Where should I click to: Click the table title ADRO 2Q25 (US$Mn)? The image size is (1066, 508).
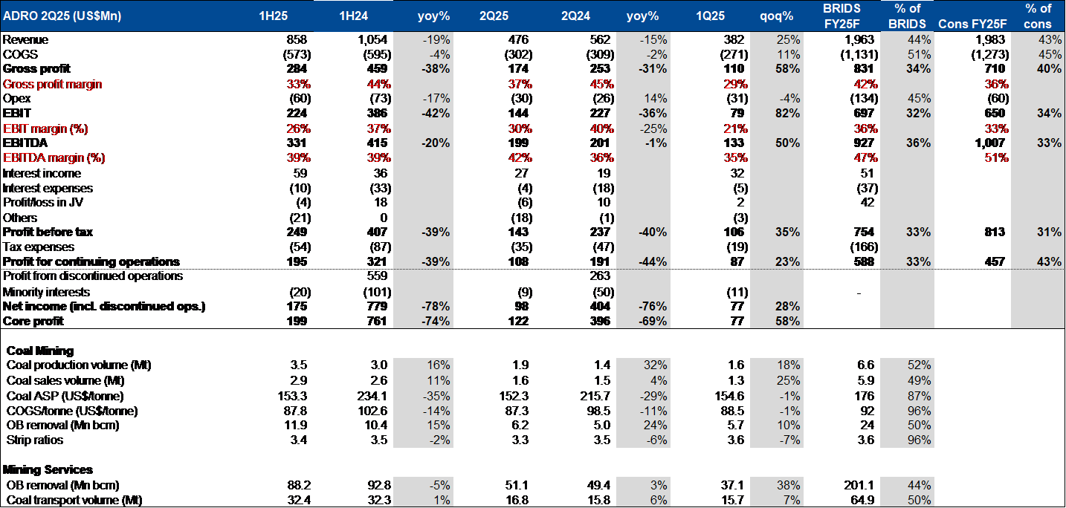tap(62, 16)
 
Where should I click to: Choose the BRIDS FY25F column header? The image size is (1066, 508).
tap(842, 16)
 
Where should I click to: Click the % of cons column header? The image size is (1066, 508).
tap(1038, 16)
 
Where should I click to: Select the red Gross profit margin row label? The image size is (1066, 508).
tap(53, 85)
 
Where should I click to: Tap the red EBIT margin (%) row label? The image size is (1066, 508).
tap(46, 128)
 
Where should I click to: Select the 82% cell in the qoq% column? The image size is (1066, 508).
tap(787, 114)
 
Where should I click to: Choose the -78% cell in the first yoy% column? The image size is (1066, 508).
tap(436, 307)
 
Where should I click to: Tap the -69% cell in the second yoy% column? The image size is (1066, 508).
tap(653, 322)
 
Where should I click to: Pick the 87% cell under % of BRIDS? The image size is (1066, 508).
tap(919, 396)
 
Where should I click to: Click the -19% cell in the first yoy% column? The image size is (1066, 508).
tap(437, 40)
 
